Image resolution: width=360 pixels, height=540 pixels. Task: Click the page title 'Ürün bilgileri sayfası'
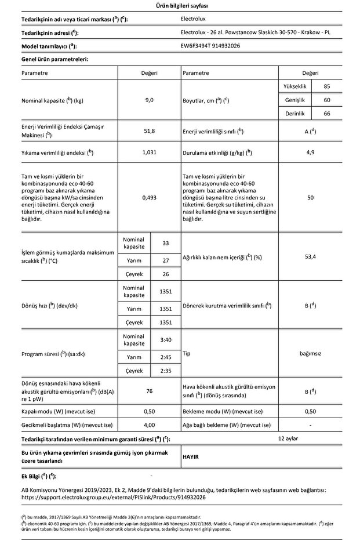coord(180,6)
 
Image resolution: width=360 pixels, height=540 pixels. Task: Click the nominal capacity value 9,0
coord(150,100)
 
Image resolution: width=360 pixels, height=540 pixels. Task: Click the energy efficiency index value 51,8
coord(150,131)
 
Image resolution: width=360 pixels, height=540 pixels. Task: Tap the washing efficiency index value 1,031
coord(150,153)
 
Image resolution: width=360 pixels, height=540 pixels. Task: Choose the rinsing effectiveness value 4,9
coord(311,153)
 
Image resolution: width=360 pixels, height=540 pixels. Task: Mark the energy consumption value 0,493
coord(150,197)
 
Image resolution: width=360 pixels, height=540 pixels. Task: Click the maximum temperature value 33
coord(165,243)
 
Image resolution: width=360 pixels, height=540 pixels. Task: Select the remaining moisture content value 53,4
coord(311,257)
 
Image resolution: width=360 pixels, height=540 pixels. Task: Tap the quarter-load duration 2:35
coord(165,370)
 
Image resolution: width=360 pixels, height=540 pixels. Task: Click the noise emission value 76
coord(150,392)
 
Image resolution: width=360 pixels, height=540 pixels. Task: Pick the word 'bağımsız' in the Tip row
coord(311,353)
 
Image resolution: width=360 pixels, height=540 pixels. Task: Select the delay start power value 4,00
coord(150,425)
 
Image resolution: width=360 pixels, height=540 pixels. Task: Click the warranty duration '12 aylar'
coord(288,438)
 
